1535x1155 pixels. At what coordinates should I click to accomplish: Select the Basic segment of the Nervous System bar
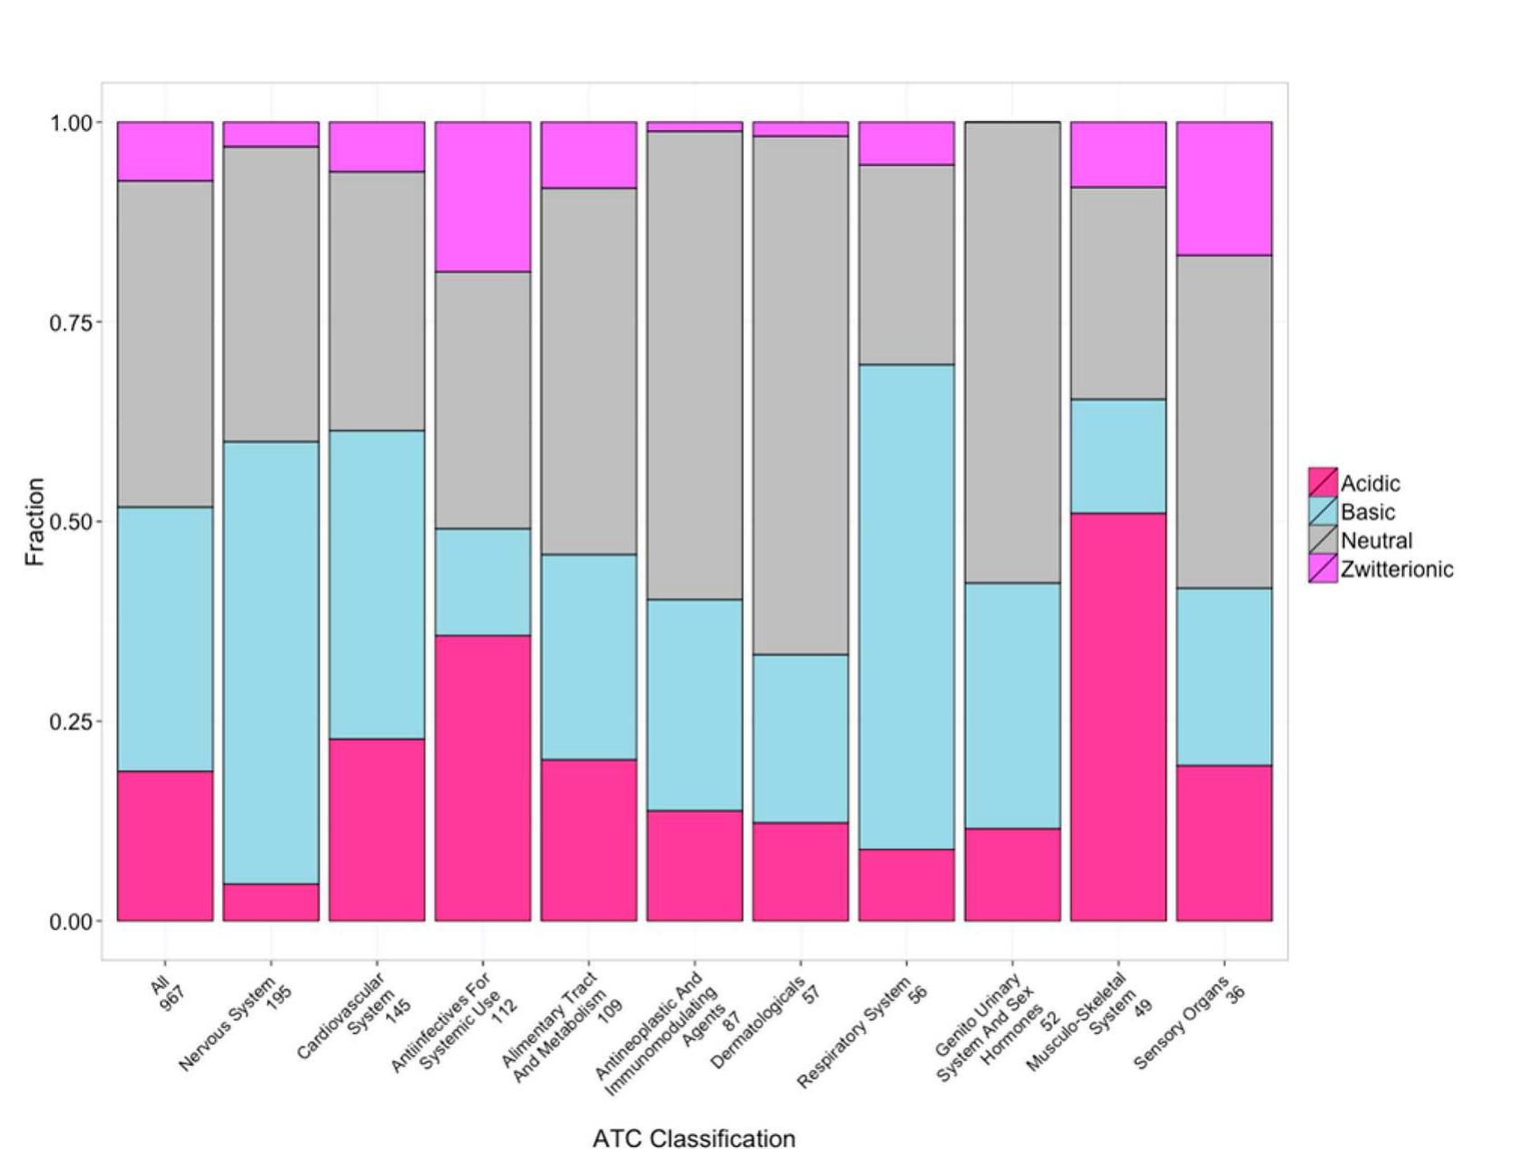[x=271, y=662]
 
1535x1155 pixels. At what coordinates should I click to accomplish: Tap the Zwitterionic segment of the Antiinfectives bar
[x=483, y=196]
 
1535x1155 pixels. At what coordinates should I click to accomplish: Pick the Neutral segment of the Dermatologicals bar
[x=801, y=395]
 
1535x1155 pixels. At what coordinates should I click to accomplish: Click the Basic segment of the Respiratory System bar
[x=907, y=606]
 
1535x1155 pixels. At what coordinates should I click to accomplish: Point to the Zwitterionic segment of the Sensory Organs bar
[x=1224, y=188]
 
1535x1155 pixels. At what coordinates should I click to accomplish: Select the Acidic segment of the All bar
[x=165, y=845]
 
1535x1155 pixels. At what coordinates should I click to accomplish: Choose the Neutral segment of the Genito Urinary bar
[x=1012, y=352]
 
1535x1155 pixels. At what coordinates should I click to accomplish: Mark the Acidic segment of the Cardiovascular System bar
[x=377, y=829]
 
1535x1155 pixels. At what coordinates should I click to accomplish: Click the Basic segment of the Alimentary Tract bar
[x=589, y=657]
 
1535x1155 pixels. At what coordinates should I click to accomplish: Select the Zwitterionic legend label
[x=1397, y=569]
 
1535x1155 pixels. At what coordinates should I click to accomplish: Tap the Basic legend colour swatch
[x=1323, y=512]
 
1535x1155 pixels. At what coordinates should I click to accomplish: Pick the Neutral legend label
[x=1376, y=541]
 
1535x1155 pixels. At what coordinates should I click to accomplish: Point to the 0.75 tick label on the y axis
[x=71, y=322]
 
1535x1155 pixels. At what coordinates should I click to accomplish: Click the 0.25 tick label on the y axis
[x=71, y=722]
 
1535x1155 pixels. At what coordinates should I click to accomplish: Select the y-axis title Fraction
[x=35, y=522]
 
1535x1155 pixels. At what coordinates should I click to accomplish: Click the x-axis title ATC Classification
[x=693, y=1139]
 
